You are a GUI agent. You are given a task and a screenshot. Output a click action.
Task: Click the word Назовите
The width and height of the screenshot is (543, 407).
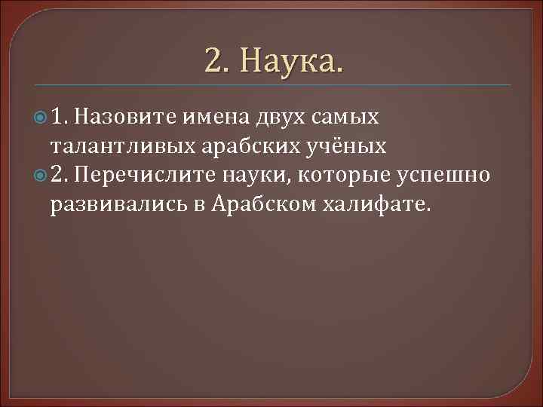tap(126, 117)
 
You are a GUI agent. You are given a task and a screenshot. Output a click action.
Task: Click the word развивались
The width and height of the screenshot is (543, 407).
tap(115, 205)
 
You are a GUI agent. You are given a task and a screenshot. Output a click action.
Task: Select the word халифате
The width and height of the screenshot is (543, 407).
tap(370, 205)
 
